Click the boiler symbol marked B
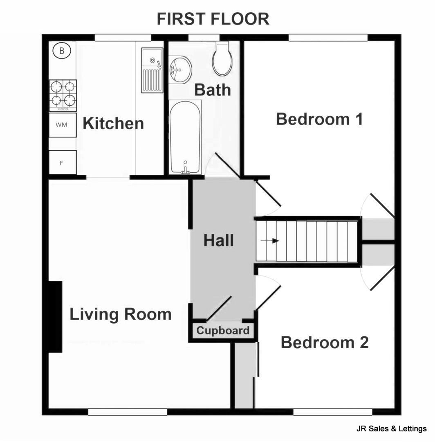coord(62,51)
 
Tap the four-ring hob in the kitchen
coord(63,94)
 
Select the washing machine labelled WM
coord(63,125)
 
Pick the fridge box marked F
coord(63,162)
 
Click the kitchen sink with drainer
coord(152,70)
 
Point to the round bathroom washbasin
coord(180,70)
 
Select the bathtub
coord(185,137)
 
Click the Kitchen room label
coord(113,123)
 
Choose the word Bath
coord(212,90)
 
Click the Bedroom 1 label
coord(319,119)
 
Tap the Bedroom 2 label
coord(325,342)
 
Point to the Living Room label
coord(120,314)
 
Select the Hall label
coord(219,241)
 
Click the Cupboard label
coord(223,331)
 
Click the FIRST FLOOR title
coord(213,19)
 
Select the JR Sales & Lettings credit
coord(391,429)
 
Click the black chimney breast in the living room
coord(55,316)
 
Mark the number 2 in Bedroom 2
coord(363,342)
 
